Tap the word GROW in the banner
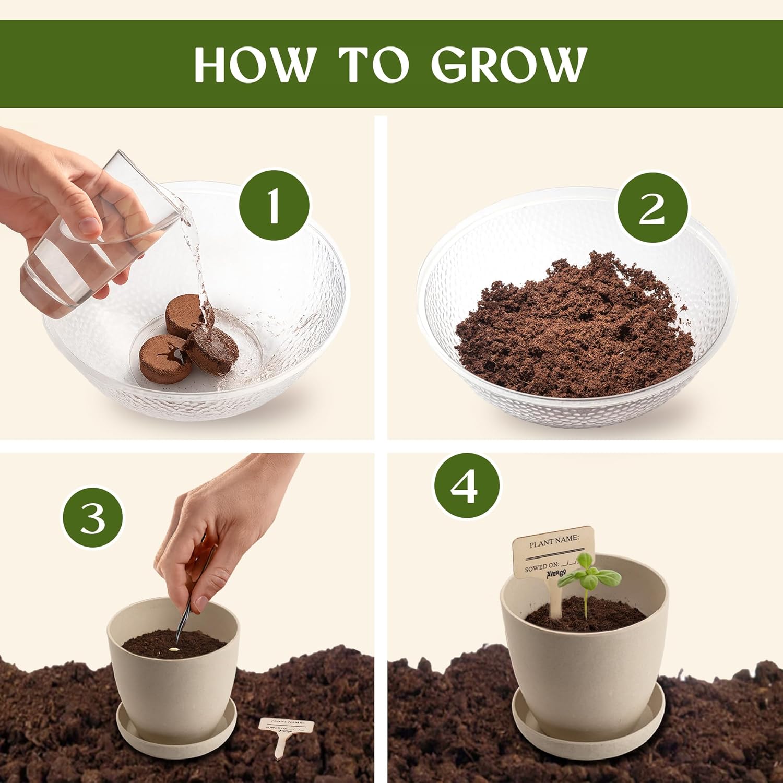click(x=509, y=64)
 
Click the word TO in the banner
click(x=374, y=64)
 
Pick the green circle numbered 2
click(x=652, y=208)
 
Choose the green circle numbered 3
click(x=93, y=518)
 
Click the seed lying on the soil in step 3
click(x=173, y=650)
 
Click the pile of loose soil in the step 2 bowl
click(x=574, y=324)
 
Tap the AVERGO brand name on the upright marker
click(x=556, y=573)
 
